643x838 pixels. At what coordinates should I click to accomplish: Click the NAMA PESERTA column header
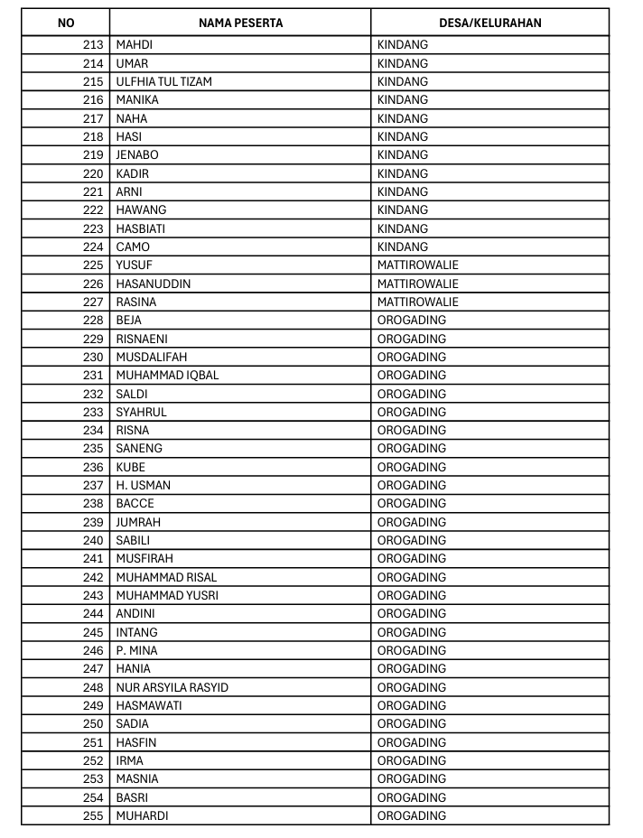tap(240, 23)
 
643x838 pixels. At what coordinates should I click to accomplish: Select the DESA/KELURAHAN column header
tap(489, 23)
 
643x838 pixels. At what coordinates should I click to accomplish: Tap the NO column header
tap(66, 23)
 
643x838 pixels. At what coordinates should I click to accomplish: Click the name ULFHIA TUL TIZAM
tap(164, 81)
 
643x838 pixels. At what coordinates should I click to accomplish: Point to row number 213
tap(93, 45)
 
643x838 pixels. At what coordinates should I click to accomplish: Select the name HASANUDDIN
tap(154, 284)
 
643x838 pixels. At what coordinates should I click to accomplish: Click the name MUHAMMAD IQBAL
tap(167, 375)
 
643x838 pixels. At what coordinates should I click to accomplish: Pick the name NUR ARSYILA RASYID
tap(172, 687)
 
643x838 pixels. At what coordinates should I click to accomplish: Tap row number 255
tap(93, 815)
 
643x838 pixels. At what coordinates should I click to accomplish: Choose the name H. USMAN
tap(143, 485)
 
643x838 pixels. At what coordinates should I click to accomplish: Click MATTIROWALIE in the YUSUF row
tap(418, 265)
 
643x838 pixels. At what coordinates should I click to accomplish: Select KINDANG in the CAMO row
tap(403, 247)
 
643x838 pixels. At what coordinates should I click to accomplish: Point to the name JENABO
tap(137, 154)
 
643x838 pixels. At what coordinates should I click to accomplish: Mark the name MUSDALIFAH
tap(152, 357)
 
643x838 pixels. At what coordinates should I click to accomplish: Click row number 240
tap(93, 540)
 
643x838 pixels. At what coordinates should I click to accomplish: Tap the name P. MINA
tap(137, 650)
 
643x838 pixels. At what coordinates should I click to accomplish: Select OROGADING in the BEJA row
tap(412, 320)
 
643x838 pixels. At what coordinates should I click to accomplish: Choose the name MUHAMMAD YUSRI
tap(167, 595)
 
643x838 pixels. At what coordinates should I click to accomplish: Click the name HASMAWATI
tap(149, 705)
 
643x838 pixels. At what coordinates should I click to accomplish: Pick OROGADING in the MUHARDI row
tap(412, 815)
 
